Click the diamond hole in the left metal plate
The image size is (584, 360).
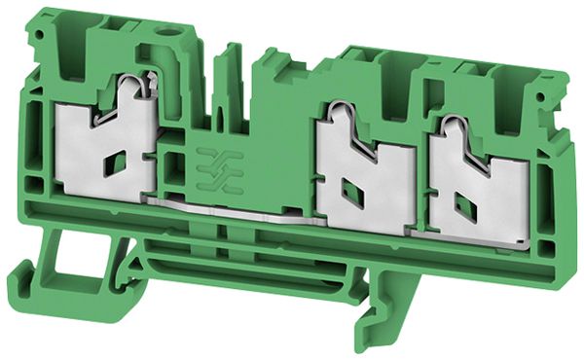click(x=116, y=162)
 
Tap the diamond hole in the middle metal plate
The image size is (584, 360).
click(x=355, y=196)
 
